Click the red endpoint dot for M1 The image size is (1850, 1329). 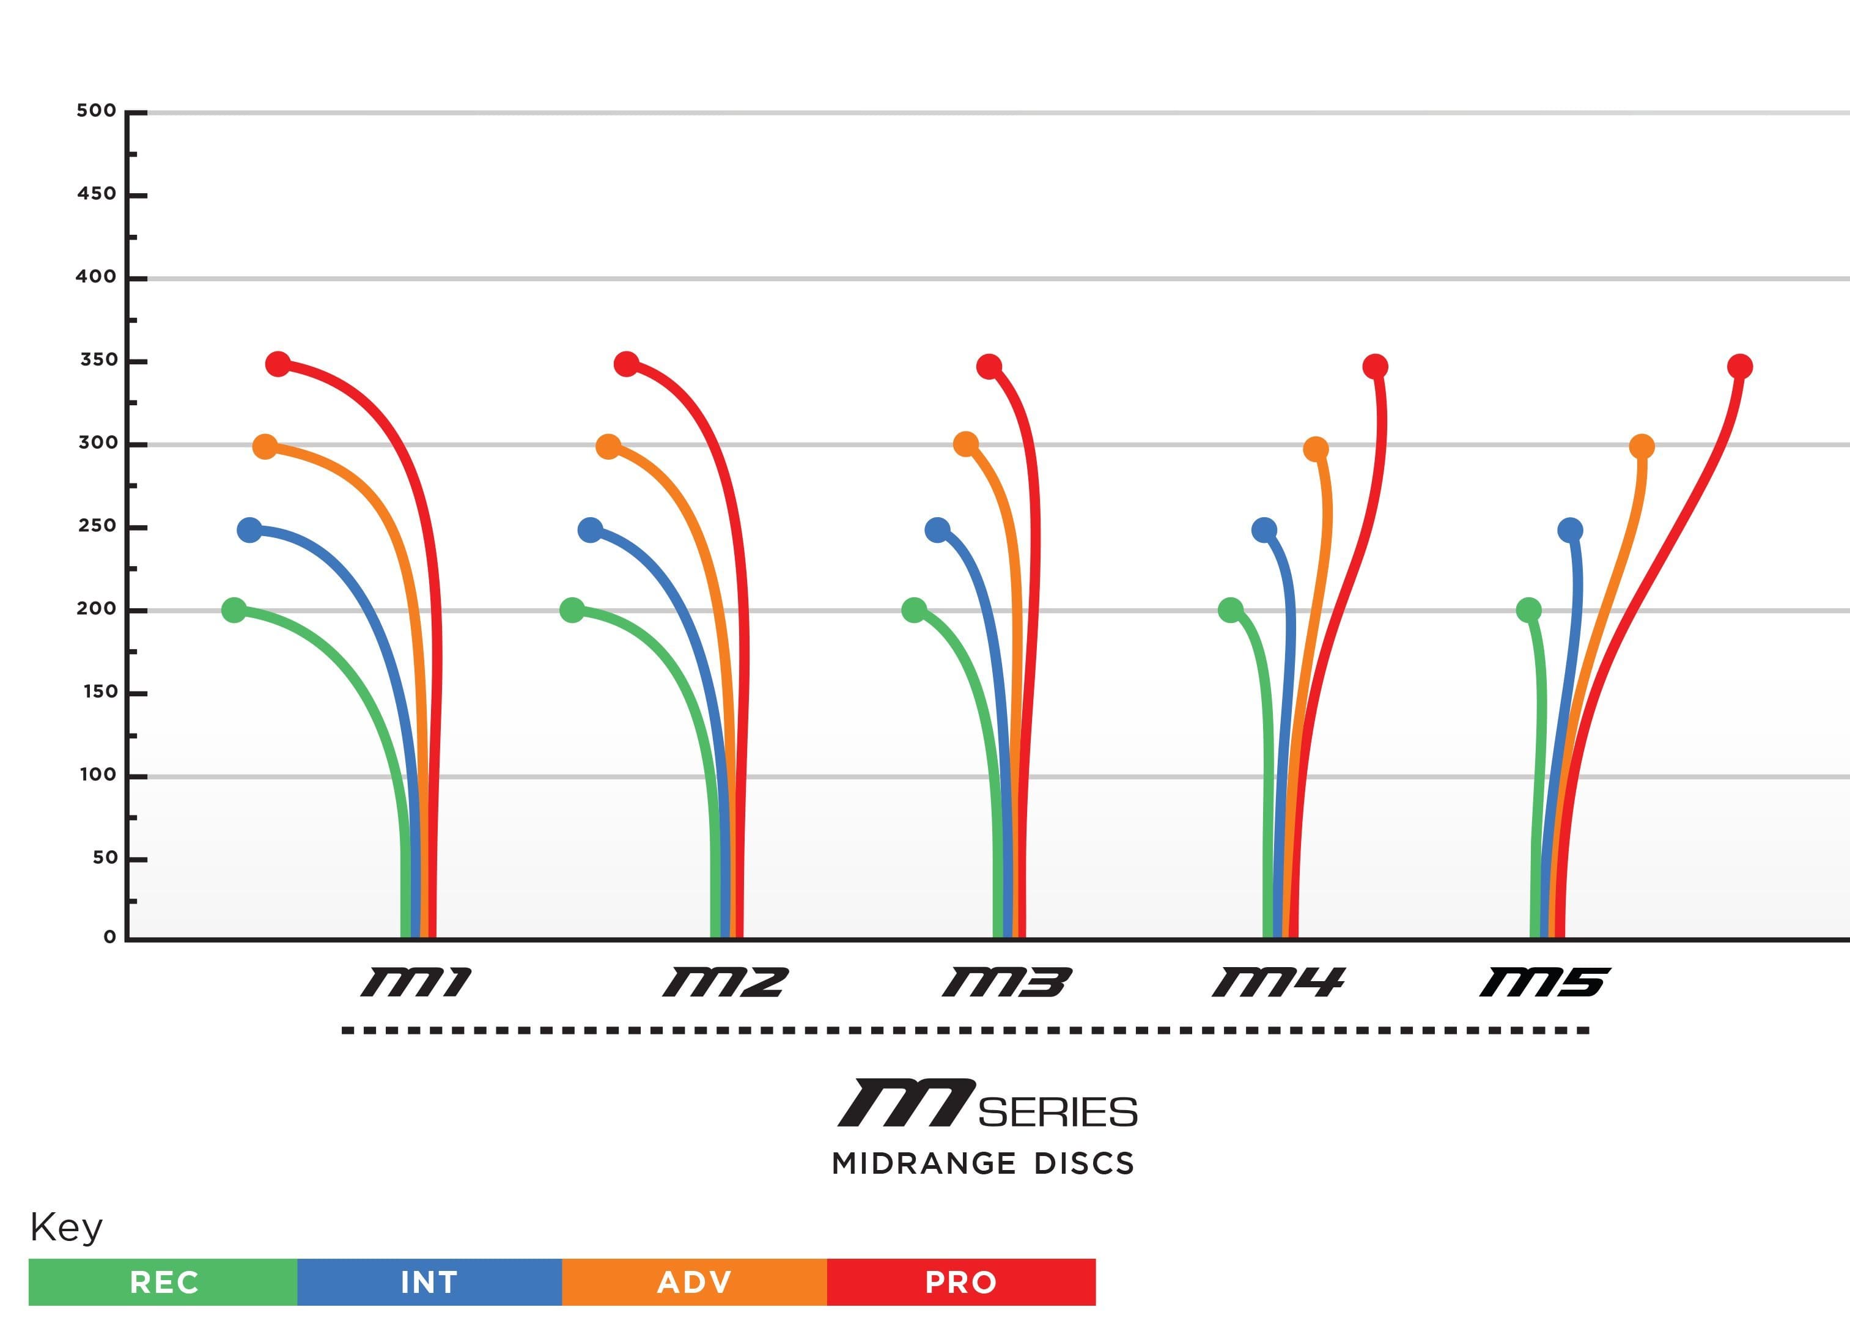278,364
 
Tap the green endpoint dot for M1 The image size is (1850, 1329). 234,609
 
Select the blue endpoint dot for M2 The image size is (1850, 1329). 590,530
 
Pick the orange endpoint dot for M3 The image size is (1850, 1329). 966,444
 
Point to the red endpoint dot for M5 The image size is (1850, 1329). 1740,367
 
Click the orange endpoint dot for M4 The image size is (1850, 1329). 1316,449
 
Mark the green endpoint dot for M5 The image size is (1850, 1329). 1528,609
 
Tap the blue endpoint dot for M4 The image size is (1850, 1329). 1264,530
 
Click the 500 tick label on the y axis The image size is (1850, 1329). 96,111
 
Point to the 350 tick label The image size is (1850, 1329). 98,360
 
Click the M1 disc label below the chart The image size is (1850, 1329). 416,981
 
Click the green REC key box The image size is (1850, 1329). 163,1282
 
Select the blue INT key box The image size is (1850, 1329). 429,1282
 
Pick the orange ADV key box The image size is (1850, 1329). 694,1282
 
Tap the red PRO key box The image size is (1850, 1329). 961,1282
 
